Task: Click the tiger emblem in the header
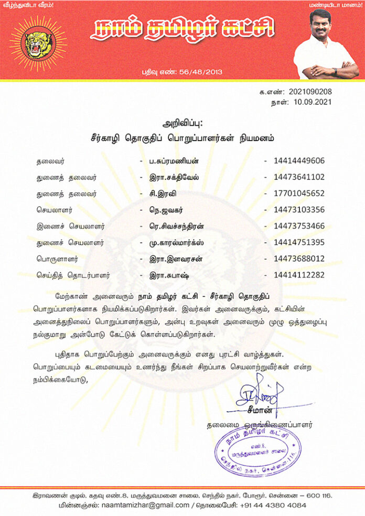(x=38, y=44)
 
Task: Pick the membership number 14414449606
(x=299, y=161)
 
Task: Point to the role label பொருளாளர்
(x=58, y=259)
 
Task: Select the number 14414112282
(x=299, y=275)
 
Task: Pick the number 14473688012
(x=299, y=259)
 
